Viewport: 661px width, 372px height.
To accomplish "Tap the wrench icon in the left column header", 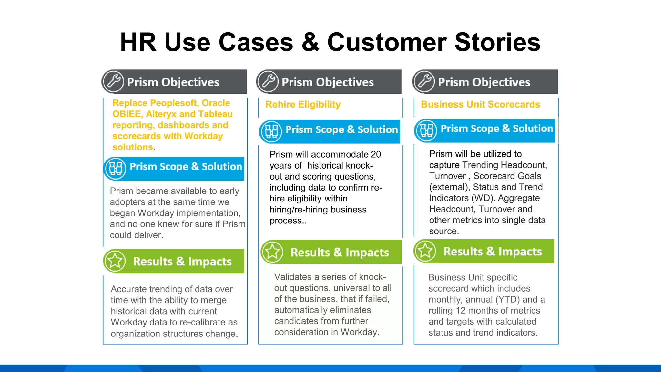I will click(x=113, y=81).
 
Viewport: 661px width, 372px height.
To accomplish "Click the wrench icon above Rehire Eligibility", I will click(x=268, y=81).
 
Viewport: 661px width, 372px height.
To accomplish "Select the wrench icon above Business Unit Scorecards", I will click(x=424, y=81).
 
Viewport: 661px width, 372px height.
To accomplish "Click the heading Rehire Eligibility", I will click(x=303, y=104).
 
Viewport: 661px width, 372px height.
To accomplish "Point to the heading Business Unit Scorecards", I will click(x=480, y=104).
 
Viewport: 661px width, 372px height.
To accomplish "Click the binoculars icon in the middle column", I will click(x=271, y=131).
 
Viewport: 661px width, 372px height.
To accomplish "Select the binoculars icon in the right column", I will click(x=426, y=130).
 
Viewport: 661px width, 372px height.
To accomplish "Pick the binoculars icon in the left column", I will click(x=115, y=168).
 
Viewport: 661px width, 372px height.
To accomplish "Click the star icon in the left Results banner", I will click(x=115, y=261).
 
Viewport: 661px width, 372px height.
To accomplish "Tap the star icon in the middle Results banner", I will click(x=272, y=252).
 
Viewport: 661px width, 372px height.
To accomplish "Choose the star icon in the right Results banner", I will click(x=425, y=251).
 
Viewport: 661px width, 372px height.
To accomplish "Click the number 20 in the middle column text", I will click(x=376, y=154).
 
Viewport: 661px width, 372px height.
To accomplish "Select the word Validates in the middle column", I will click(x=293, y=277).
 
